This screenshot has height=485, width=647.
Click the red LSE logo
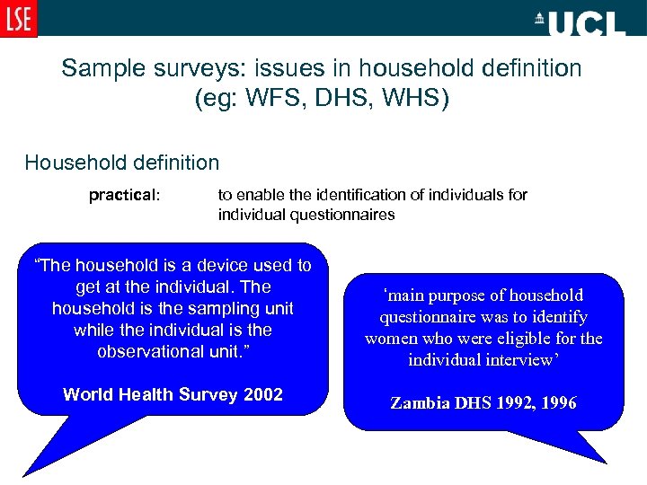(18, 18)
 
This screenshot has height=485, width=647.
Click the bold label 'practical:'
(124, 195)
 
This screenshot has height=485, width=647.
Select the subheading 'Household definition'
(122, 163)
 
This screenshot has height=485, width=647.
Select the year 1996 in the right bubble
(559, 403)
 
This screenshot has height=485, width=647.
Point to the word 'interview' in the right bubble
(521, 360)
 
